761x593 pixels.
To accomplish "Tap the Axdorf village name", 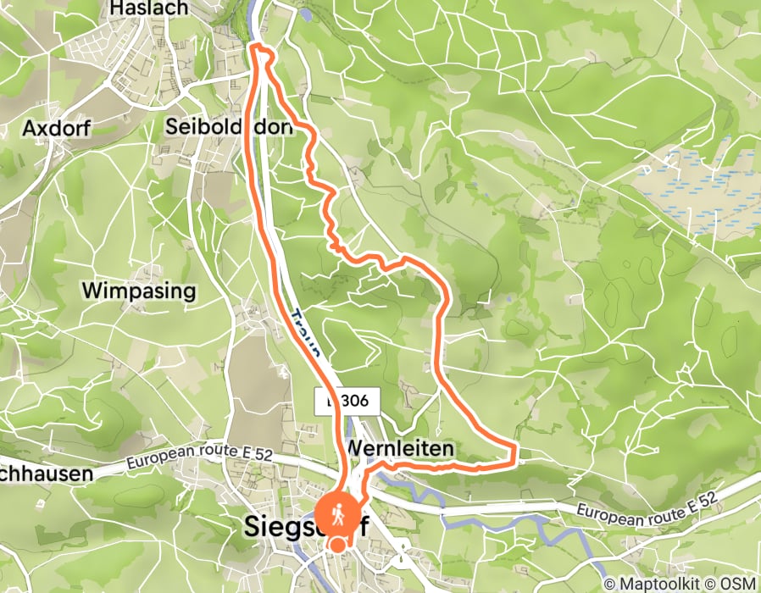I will pos(57,129).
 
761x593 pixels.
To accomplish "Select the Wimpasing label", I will pos(139,291).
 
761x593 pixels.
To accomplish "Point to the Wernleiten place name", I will pos(399,447).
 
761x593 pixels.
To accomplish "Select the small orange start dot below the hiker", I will pos(338,544).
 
